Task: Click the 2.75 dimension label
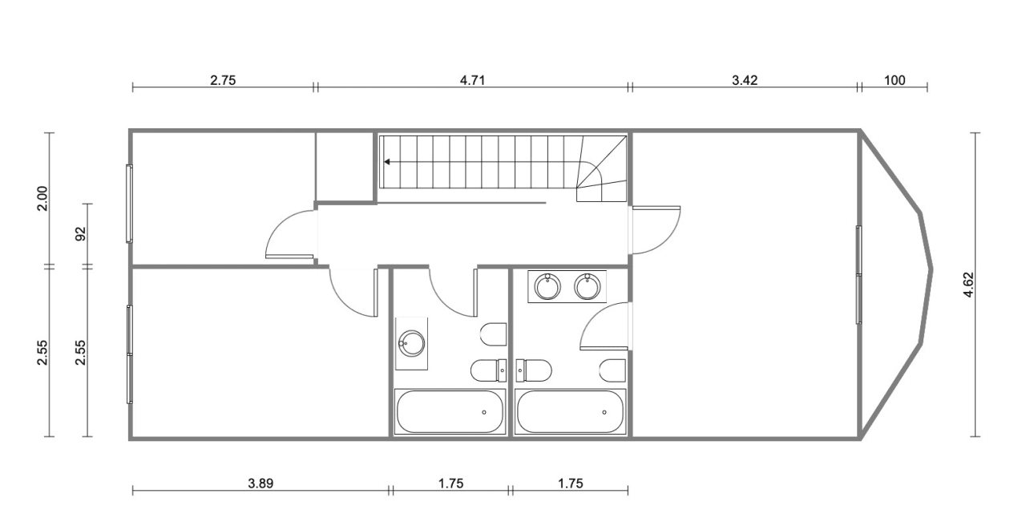[x=223, y=81]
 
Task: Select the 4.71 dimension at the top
[x=472, y=81]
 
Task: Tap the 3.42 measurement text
[x=745, y=81]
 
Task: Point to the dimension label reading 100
[x=895, y=81]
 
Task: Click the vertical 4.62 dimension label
[x=969, y=285]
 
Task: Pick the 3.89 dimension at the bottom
[x=261, y=483]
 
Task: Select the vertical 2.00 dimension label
[x=42, y=198]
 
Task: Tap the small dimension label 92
[x=81, y=234]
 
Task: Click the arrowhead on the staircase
[x=387, y=162]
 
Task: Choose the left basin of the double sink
[x=547, y=286]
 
